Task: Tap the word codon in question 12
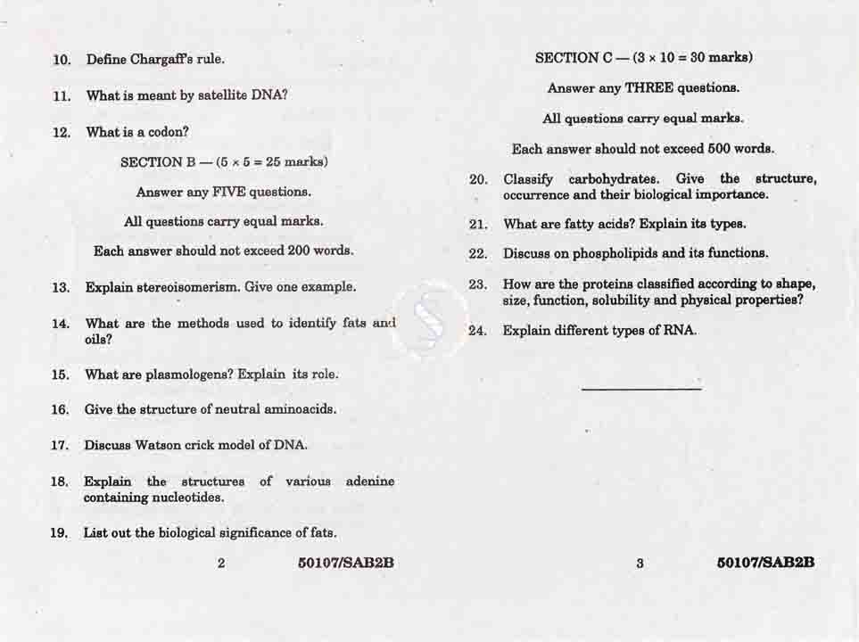[168, 132]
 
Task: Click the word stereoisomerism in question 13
[187, 287]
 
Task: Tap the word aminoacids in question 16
[301, 409]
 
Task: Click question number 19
[60, 533]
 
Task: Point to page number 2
[221, 564]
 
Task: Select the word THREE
[648, 88]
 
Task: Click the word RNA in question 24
[678, 331]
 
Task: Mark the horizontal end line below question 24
[640, 388]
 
